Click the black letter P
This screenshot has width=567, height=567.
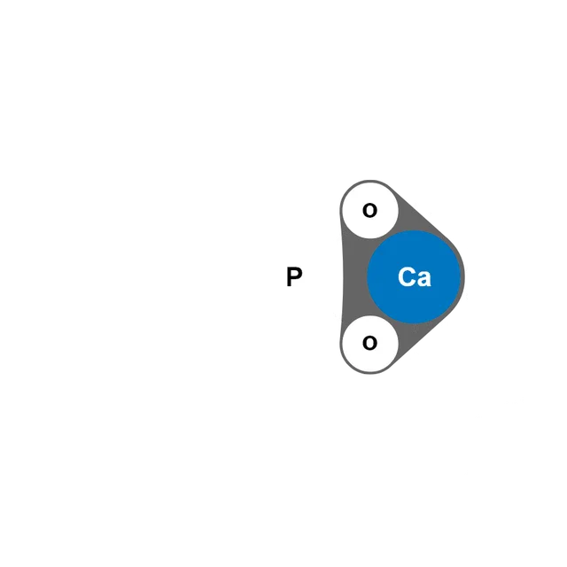point(294,276)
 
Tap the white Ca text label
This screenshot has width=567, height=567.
point(415,277)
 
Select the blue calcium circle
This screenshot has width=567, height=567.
point(414,276)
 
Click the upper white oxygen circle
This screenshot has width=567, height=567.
point(370,210)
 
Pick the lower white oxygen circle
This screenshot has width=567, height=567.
point(370,344)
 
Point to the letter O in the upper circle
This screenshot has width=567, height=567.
point(369,210)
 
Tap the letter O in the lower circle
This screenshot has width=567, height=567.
point(369,343)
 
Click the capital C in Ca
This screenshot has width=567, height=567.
point(406,276)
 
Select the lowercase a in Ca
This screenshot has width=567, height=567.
point(423,279)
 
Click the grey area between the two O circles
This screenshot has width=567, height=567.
point(355,276)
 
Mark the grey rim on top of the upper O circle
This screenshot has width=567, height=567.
point(369,181)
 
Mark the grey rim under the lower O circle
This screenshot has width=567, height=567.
point(370,373)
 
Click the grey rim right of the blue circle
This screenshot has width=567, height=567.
point(462,276)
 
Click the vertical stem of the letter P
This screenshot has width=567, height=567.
point(289,276)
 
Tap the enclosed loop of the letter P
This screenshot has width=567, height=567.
point(297,274)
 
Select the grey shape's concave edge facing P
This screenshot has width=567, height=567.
point(343,276)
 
